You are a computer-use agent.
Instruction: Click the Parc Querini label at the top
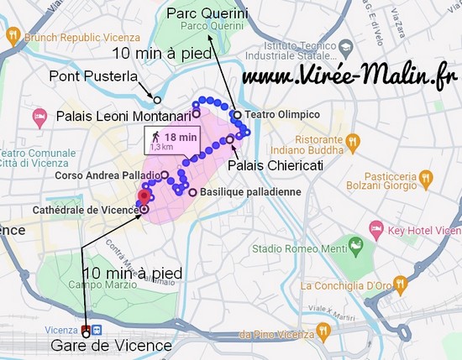(x=207, y=13)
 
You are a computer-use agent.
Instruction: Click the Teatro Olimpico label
(x=281, y=114)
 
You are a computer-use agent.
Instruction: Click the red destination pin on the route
(x=143, y=196)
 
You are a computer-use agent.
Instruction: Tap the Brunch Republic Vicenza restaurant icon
(x=13, y=36)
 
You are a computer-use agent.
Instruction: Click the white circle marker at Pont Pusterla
(x=156, y=99)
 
